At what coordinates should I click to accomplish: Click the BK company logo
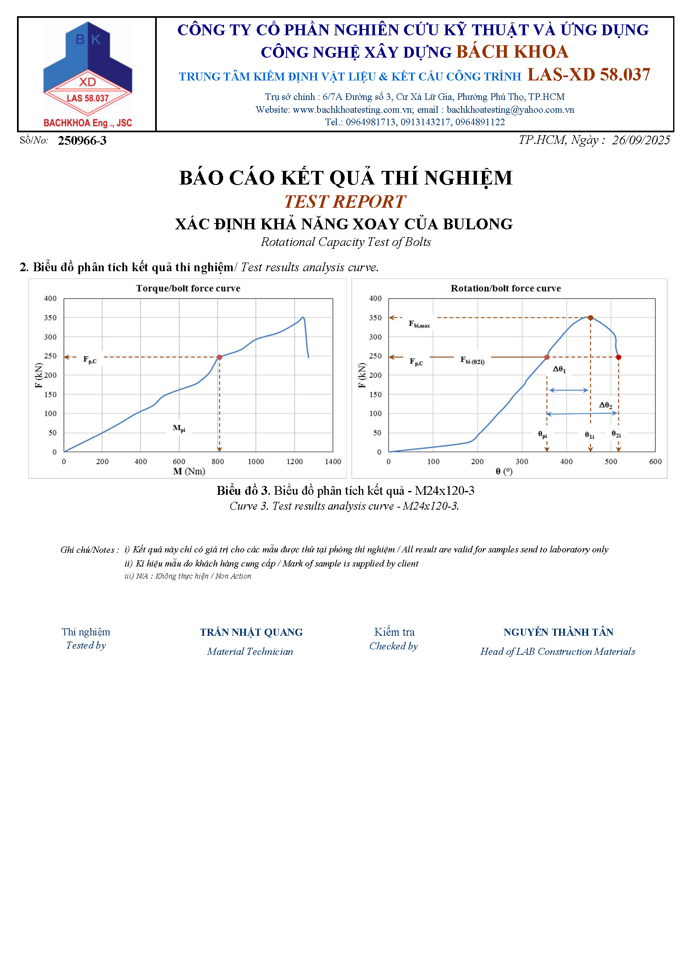pos(88,74)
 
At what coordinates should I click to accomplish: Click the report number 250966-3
pos(82,141)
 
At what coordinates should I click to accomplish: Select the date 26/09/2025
pos(640,140)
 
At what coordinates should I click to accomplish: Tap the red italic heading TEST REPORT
pos(345,202)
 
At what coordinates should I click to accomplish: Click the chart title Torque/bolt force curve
pos(188,288)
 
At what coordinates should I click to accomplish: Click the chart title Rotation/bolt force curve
pos(506,288)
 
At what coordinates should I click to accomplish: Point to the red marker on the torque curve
pos(219,357)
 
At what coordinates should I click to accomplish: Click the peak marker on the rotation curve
pos(591,318)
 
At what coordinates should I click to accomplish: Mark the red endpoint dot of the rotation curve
pos(618,357)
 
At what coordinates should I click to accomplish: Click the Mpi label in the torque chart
pos(179,428)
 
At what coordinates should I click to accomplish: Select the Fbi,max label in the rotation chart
pos(419,324)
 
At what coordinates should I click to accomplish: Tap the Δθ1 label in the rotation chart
pos(559,369)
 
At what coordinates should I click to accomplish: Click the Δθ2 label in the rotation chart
pos(605,405)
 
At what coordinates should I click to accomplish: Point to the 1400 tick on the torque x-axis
pos(333,461)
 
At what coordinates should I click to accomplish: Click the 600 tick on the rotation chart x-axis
pos(655,461)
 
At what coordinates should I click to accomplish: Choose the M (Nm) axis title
pos(189,471)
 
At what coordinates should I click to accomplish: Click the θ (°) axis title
pos(504,471)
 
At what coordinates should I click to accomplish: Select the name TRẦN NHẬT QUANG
pos(251,632)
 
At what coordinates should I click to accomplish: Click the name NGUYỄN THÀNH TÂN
pos(558,632)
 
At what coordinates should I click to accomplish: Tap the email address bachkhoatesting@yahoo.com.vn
pos(510,110)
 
